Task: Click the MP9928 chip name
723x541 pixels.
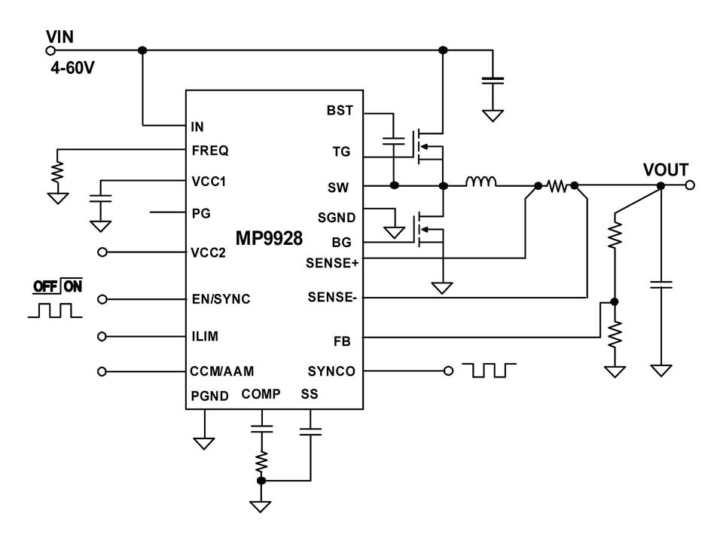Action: click(x=268, y=240)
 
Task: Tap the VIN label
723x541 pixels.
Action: click(x=59, y=36)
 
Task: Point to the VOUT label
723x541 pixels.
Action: click(x=665, y=170)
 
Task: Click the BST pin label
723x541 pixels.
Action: click(x=340, y=111)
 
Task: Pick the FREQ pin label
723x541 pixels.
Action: click(x=210, y=151)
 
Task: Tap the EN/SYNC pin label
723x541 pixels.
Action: click(x=221, y=299)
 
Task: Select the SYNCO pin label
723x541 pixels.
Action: click(x=331, y=371)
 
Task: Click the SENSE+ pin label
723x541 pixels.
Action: click(x=332, y=263)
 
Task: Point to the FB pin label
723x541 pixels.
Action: click(x=342, y=341)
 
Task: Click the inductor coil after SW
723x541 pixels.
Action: click(x=480, y=182)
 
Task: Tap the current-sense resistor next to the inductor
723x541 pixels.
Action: click(x=557, y=185)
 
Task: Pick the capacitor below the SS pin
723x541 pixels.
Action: click(x=310, y=432)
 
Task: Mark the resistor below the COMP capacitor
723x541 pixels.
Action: click(x=261, y=460)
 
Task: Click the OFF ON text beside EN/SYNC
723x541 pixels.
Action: click(x=57, y=286)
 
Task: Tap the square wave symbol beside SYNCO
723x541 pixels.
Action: click(x=490, y=370)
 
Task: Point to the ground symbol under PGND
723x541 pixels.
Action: click(x=203, y=443)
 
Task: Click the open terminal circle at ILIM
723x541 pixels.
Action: click(x=103, y=336)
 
